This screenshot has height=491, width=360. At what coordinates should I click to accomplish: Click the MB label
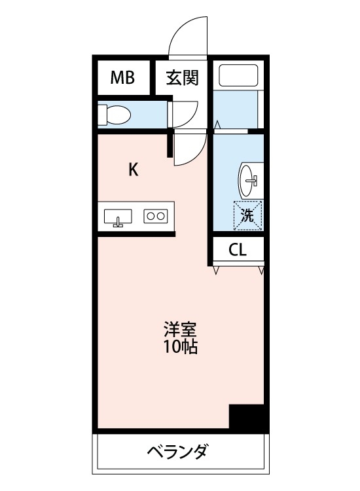[x=122, y=79]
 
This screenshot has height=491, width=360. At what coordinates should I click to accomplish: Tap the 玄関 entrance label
[x=182, y=79]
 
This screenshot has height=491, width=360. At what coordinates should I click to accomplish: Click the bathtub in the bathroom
[x=238, y=76]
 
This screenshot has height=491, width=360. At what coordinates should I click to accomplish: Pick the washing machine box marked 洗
[x=247, y=215]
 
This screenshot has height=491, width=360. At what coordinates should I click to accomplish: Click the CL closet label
[x=238, y=250]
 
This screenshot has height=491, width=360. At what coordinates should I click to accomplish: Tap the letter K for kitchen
[x=133, y=170]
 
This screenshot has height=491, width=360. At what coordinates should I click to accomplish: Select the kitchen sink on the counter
[x=118, y=216]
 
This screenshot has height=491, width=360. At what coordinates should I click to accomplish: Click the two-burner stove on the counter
[x=156, y=215]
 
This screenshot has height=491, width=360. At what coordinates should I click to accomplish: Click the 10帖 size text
[x=181, y=346]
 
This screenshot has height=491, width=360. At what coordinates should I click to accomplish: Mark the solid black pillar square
[x=249, y=417]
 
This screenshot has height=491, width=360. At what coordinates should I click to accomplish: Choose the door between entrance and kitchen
[x=190, y=148]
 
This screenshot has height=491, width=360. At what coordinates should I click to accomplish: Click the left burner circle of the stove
[x=151, y=215]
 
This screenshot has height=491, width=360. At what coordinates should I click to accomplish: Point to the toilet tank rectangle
[x=101, y=115]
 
